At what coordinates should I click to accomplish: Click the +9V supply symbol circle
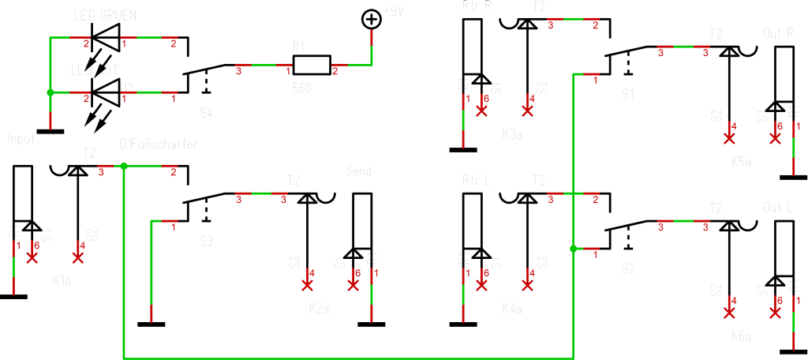pos(371,19)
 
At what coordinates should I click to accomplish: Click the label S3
pos(206,242)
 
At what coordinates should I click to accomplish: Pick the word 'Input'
pos(22,139)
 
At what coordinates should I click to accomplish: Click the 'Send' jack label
pos(360,171)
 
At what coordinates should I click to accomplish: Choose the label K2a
pos(319,309)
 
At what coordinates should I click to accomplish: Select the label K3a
pos(512,135)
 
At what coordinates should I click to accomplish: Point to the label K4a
pos(512,309)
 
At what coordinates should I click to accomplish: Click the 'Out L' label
pos(778,207)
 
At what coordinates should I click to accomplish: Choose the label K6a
pos(741,336)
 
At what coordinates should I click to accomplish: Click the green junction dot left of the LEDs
pos(50,92)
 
